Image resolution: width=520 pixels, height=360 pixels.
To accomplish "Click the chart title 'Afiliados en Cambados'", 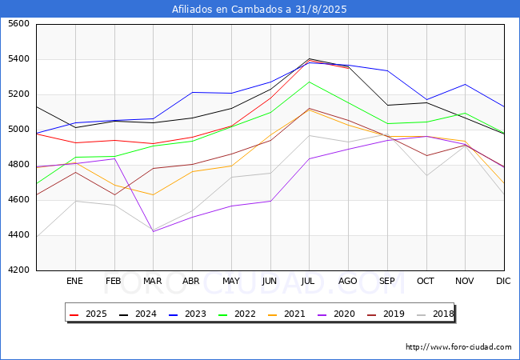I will coord(260,9).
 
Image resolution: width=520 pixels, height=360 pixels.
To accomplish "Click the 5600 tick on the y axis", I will coord(18,24).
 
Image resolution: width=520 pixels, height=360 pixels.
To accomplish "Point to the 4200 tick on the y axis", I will coord(18,270).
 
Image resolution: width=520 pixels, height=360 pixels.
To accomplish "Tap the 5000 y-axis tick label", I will coord(18,130).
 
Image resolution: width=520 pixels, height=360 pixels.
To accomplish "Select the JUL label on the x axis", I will coord(309,281).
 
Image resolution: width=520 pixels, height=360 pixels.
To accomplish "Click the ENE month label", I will coord(74,281).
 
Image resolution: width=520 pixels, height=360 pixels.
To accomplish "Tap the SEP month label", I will coord(387,281).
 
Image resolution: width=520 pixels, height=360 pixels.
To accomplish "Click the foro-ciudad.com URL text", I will coord(458,347).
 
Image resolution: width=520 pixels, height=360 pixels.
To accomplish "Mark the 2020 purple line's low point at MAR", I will coord(153,231).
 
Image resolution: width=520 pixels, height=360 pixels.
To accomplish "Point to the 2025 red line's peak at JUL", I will coord(309,58).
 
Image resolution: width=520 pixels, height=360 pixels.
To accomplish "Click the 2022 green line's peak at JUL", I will coord(309,82).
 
